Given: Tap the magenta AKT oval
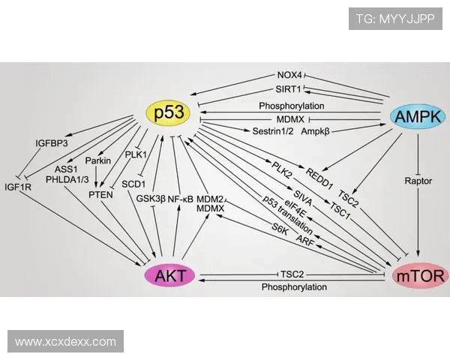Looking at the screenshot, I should (x=172, y=275).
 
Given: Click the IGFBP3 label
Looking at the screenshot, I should (x=52, y=142).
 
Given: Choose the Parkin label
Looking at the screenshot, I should (x=97, y=160).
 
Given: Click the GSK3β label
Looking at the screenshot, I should (x=150, y=199).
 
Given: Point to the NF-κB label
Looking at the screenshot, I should (x=180, y=199).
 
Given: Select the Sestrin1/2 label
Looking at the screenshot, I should (x=272, y=130).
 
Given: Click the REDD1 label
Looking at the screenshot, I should (x=319, y=175).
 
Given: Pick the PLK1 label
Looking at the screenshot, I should (x=136, y=155).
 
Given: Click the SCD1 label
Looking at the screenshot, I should (x=133, y=183).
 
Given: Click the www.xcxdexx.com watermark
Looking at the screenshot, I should (x=65, y=342).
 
